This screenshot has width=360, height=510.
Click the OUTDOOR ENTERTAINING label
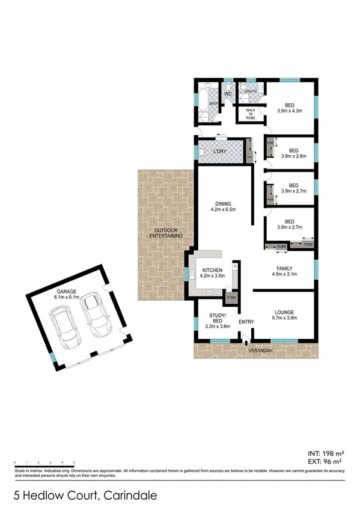(x=166, y=234)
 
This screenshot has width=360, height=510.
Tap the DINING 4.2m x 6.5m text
(x=222, y=206)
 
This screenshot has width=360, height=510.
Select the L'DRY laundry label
(x=219, y=151)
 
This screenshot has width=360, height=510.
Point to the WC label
(x=228, y=94)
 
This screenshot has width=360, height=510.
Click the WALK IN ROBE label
(x=249, y=114)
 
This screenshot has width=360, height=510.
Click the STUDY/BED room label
(x=217, y=318)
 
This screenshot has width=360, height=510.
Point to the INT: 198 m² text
(x=325, y=453)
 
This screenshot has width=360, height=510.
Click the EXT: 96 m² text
(x=325, y=462)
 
